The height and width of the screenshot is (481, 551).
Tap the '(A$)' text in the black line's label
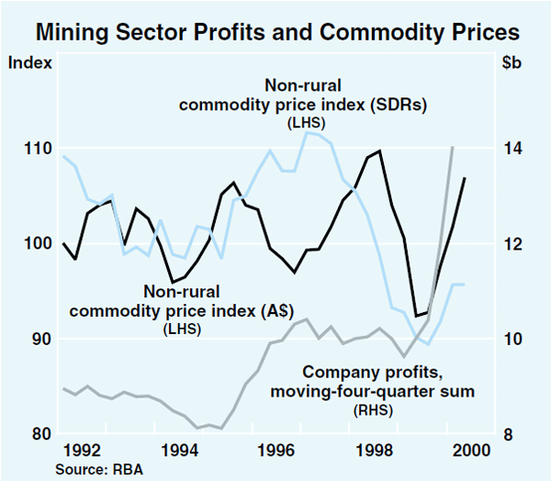coord(273,311)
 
